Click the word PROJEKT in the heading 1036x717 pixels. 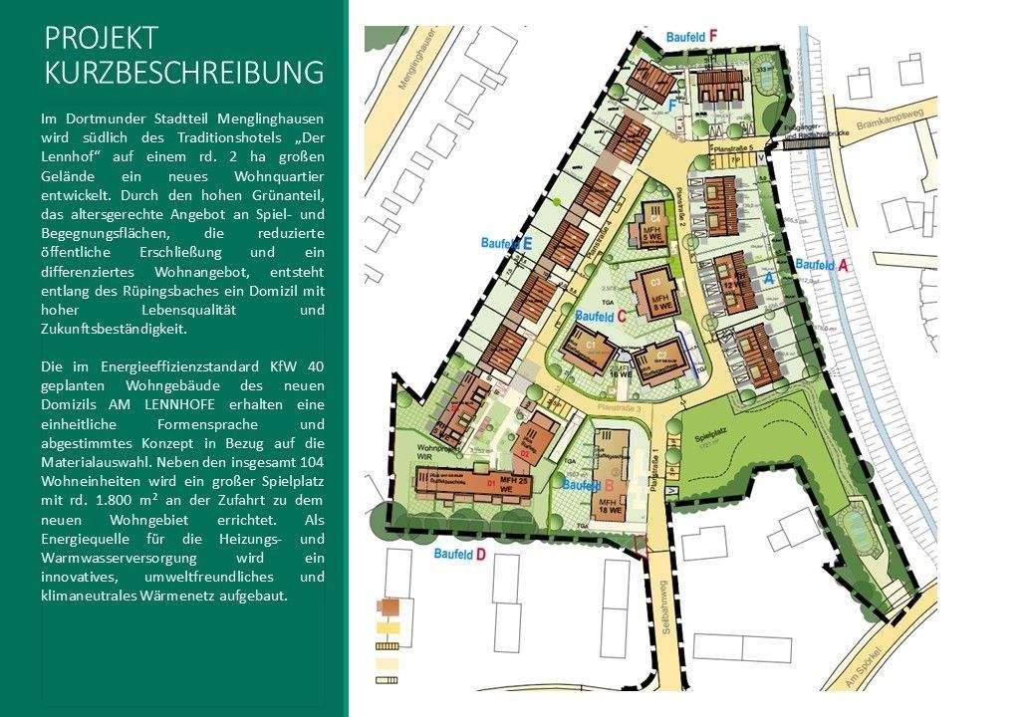pos(102,38)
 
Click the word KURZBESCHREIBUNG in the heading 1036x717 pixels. pos(184,74)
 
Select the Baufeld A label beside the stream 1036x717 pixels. pos(822,265)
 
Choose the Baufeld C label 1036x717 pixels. pos(600,316)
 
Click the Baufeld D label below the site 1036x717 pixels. pos(460,553)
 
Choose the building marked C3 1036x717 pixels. pos(655,289)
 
